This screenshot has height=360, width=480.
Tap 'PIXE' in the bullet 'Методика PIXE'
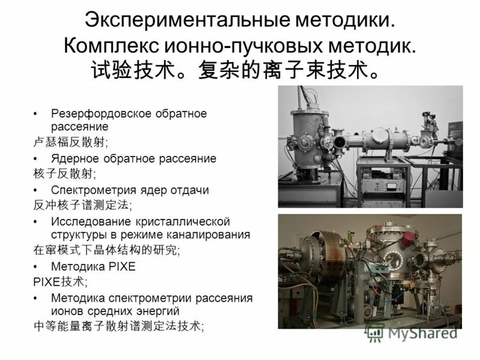tap(122, 266)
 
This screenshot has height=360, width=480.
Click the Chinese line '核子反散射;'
tap(55, 173)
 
